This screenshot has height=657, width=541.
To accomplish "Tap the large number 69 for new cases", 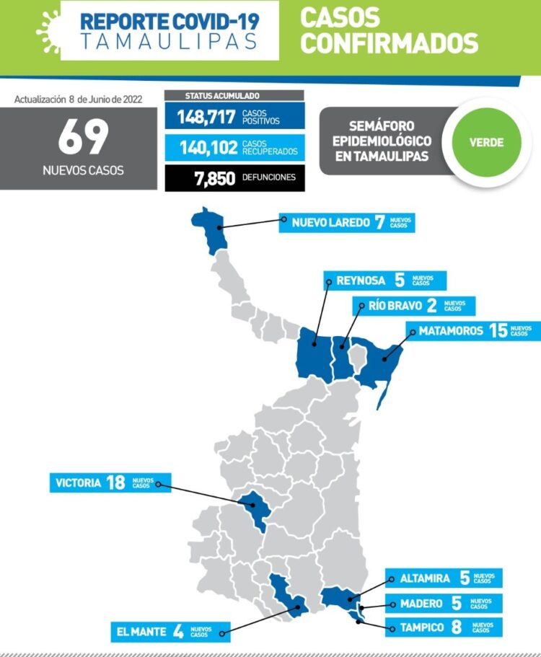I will pos(82,138).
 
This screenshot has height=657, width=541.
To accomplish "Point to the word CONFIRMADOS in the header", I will pos(389,43).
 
